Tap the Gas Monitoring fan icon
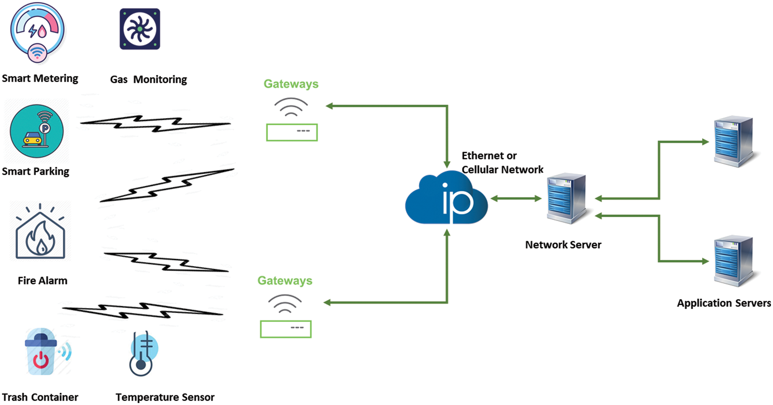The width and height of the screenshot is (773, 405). (x=140, y=29)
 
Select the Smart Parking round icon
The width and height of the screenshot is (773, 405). (x=36, y=131)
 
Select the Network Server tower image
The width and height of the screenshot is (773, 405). (x=566, y=198)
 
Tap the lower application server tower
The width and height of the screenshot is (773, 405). (x=734, y=260)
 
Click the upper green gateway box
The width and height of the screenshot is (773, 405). (x=292, y=132)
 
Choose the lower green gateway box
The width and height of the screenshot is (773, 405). (x=285, y=329)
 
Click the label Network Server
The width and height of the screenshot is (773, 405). (x=563, y=245)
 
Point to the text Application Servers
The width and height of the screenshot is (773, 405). (x=723, y=303)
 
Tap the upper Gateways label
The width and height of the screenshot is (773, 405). (x=291, y=84)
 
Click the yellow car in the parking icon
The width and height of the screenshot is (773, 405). (x=33, y=138)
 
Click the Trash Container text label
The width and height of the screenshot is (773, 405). (x=40, y=397)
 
